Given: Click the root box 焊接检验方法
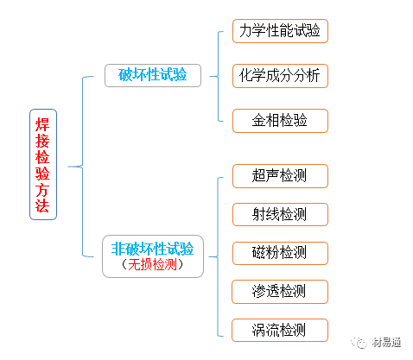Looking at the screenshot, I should [43, 164].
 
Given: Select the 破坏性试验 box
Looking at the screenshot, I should [152, 75].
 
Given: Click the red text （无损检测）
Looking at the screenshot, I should [152, 265].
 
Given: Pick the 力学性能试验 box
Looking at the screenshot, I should [280, 31].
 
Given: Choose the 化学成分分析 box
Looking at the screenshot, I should [280, 75].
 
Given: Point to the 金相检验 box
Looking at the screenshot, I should [280, 120].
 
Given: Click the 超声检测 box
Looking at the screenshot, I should [280, 176].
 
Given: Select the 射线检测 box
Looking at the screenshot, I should [280, 213].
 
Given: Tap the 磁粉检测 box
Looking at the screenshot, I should [280, 252].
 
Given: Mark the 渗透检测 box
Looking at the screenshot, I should [280, 291].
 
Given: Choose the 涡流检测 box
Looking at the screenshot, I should [280, 329].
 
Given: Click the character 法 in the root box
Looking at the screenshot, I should [43, 206].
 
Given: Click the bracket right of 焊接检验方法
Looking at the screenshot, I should [81, 164].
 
